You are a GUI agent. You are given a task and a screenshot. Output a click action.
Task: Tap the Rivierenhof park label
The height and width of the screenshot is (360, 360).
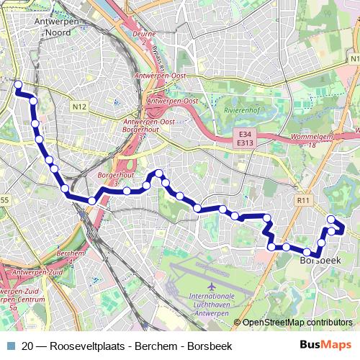[241, 111]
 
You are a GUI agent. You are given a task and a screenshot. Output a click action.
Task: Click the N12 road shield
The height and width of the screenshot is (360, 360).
[79, 107]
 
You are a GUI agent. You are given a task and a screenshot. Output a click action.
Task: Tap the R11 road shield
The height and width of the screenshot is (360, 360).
[303, 200]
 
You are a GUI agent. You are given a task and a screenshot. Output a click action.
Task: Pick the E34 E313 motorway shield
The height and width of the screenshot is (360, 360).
[245, 138]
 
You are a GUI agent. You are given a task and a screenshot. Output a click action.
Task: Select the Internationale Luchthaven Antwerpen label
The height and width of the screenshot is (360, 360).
[212, 303]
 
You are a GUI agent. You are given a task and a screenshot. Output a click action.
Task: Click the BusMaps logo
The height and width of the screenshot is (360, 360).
[326, 346]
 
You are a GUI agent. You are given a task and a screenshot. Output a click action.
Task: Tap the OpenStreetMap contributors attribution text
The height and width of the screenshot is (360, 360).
[297, 322]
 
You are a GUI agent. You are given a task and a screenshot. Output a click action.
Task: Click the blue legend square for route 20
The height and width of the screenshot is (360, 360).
[12, 346]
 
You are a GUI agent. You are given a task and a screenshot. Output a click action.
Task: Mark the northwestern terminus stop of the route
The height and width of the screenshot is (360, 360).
[19, 85]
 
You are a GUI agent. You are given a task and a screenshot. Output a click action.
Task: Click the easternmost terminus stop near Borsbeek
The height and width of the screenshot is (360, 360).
[331, 219]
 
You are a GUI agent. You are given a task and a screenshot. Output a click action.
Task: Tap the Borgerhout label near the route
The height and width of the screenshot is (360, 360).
[112, 176]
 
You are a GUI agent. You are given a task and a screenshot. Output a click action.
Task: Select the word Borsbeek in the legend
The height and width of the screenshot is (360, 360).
[210, 346]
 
